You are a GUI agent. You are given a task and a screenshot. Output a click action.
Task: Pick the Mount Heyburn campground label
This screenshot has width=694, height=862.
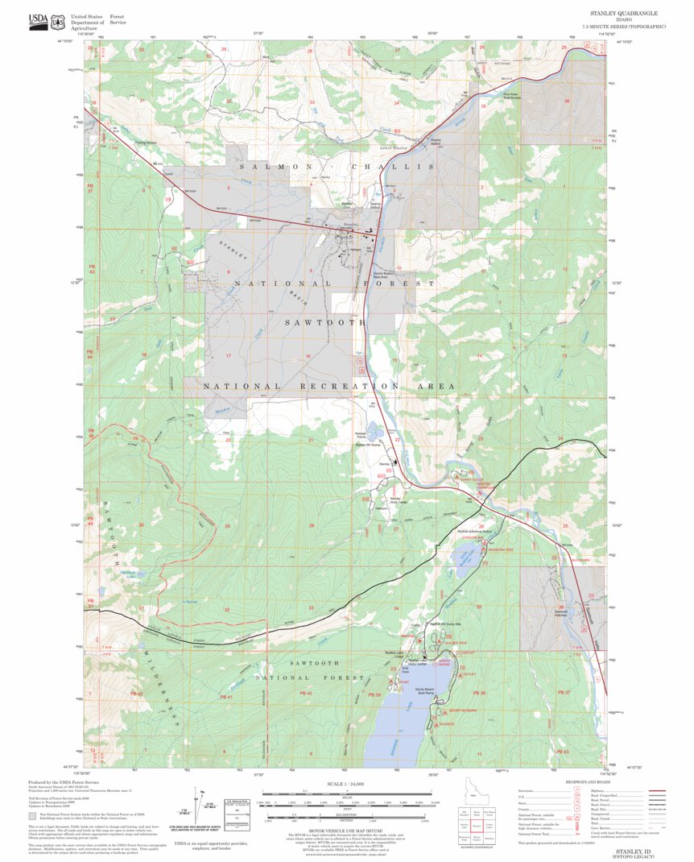[462, 711]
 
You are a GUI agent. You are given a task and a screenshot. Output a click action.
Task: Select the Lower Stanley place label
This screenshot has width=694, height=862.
[395, 148]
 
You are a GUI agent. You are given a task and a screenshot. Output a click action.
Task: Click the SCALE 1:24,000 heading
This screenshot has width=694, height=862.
[346, 783]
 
